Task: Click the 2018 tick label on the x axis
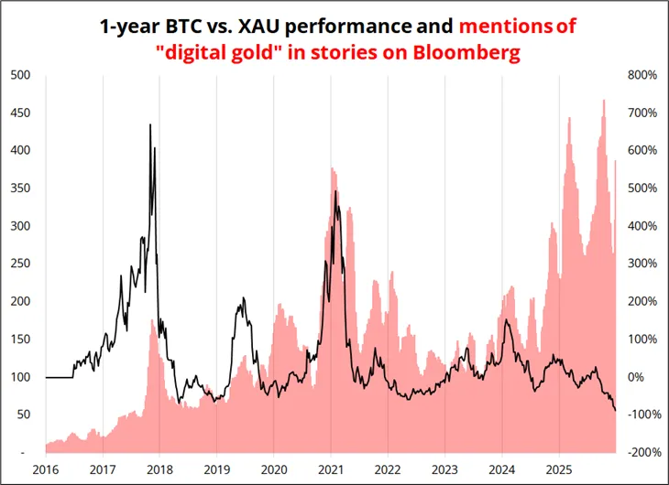tap(159, 470)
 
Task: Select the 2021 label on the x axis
tap(331, 470)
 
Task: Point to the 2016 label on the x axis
tap(46, 470)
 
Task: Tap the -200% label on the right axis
tap(641, 452)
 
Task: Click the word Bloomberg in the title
tap(466, 53)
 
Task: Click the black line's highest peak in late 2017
tap(150, 124)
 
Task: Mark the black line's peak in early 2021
tap(335, 191)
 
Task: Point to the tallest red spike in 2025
tap(603, 100)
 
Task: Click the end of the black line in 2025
tap(615, 411)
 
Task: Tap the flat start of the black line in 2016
tap(59, 377)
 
